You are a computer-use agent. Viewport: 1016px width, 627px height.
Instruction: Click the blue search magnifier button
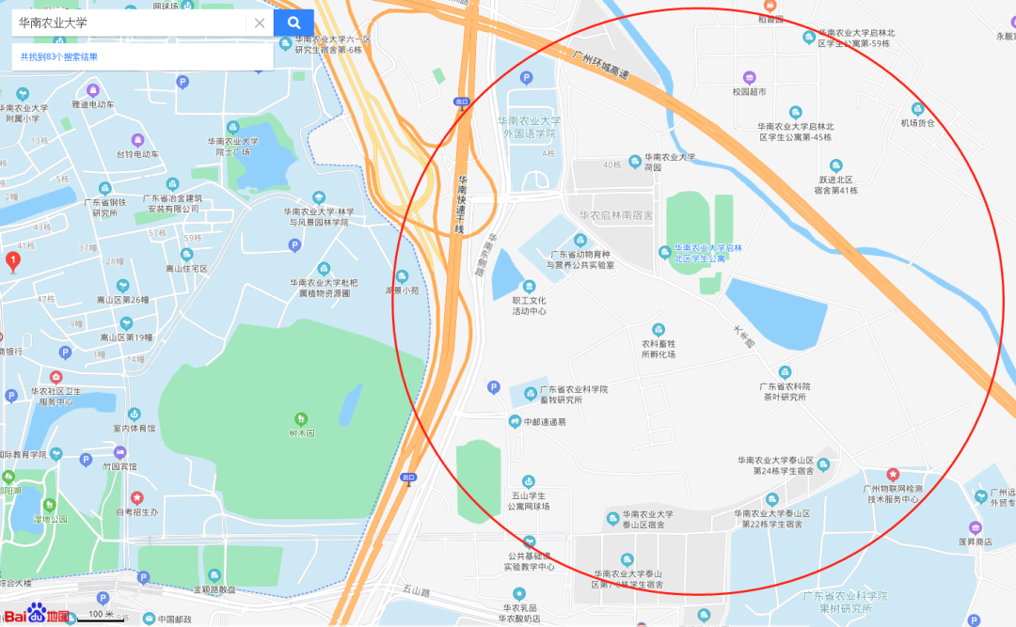click(294, 23)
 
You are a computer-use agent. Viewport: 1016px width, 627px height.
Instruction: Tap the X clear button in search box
click(260, 23)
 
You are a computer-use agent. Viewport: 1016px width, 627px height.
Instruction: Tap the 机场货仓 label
click(917, 122)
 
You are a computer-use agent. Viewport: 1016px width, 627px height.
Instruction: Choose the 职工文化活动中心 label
click(529, 306)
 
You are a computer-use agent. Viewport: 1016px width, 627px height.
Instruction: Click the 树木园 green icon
click(301, 417)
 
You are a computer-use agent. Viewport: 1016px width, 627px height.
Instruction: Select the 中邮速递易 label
click(545, 421)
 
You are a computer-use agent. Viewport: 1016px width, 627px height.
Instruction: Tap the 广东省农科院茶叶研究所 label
click(785, 391)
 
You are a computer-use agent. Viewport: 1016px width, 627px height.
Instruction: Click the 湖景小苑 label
click(402, 290)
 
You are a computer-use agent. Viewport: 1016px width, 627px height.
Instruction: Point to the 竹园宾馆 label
click(119, 466)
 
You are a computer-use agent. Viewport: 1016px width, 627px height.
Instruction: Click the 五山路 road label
click(416, 591)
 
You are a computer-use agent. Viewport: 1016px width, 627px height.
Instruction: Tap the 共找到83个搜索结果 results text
click(59, 57)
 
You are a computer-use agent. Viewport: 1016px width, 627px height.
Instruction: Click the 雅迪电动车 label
click(92, 104)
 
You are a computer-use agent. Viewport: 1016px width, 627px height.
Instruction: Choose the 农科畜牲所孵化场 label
click(659, 349)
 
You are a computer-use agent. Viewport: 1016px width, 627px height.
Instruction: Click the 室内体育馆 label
click(135, 428)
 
